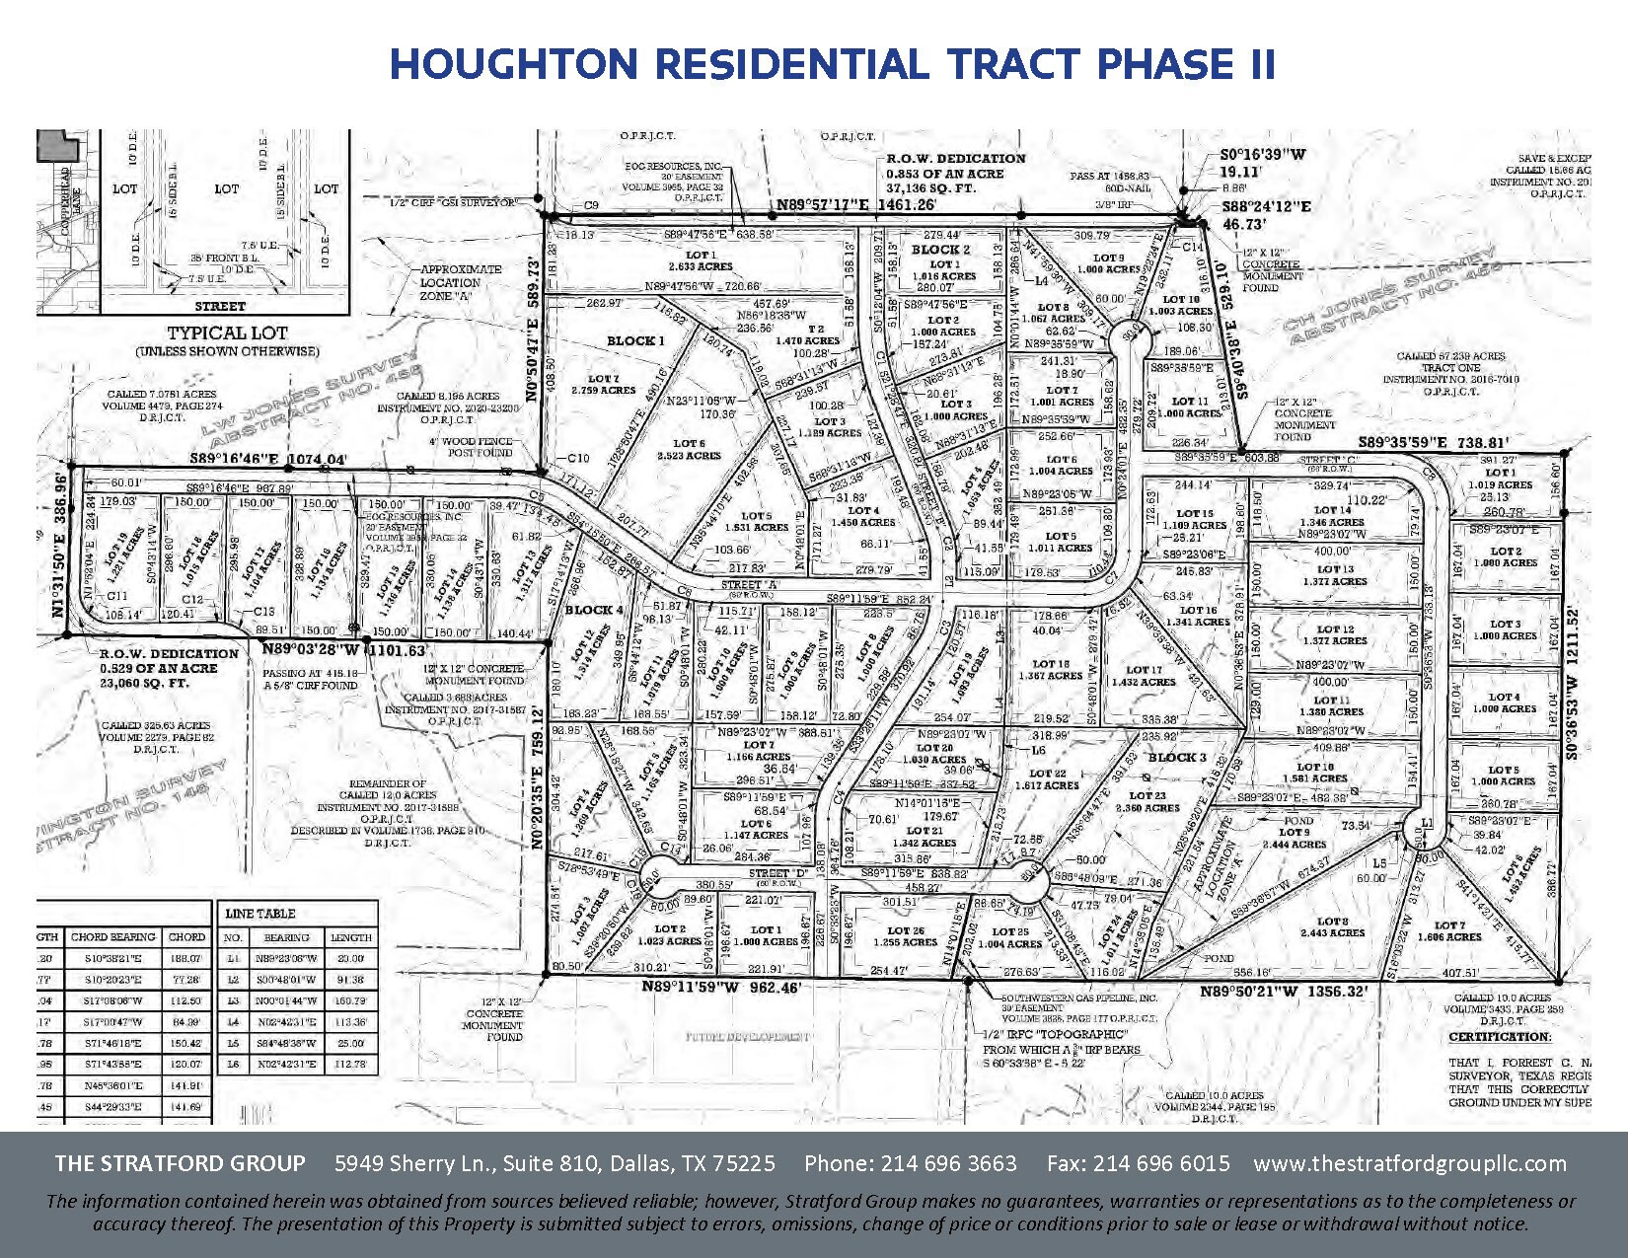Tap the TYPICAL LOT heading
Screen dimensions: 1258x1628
point(227,333)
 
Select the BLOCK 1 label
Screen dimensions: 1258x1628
point(635,341)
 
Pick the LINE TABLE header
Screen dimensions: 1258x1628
point(259,914)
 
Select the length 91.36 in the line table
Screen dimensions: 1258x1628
point(351,979)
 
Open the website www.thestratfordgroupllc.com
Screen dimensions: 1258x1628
point(1410,1163)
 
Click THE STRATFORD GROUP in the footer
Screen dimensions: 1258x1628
point(180,1163)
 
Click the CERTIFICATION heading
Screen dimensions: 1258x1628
point(1499,1037)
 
